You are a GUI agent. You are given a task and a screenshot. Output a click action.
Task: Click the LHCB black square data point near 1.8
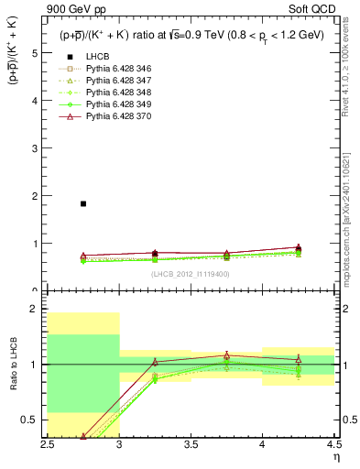click(83, 203)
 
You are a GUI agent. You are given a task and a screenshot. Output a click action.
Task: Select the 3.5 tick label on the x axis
click(191, 444)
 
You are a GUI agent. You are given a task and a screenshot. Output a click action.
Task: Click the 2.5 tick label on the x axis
click(49, 444)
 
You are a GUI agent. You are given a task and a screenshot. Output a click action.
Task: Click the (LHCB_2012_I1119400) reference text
click(191, 273)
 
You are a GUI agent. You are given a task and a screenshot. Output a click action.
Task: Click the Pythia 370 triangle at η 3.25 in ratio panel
click(155, 362)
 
